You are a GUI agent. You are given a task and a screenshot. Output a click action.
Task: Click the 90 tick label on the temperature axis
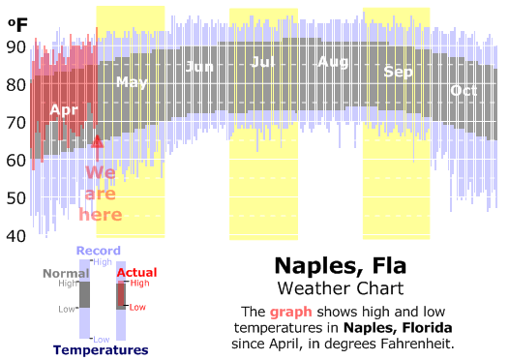[x=15, y=47]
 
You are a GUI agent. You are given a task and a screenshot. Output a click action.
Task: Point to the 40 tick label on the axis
[x=15, y=236]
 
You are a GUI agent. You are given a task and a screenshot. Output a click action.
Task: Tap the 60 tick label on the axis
[x=15, y=161]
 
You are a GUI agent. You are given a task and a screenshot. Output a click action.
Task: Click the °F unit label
[x=17, y=25]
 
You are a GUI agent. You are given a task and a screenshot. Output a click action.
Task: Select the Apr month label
[x=64, y=110]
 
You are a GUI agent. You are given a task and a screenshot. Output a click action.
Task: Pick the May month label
[x=132, y=82]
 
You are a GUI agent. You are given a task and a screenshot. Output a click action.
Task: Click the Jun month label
[x=199, y=67]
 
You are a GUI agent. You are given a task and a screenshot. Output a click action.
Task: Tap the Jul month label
[x=262, y=62]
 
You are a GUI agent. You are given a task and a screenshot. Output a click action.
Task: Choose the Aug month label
[x=333, y=62]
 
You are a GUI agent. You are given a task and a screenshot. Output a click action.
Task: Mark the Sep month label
[x=398, y=72]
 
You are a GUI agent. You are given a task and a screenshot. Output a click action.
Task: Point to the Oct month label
[x=464, y=91]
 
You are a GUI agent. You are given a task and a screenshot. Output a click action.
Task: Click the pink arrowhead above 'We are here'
[x=98, y=141]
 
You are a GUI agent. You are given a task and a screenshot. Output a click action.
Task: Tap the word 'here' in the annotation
[x=101, y=215]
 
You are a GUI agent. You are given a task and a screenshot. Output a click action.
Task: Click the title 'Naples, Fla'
[x=341, y=265]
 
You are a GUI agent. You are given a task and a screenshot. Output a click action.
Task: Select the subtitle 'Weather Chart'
[x=341, y=288]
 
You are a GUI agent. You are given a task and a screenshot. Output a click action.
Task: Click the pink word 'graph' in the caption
[x=291, y=312]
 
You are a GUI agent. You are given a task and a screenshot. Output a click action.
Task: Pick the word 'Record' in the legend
[x=99, y=251]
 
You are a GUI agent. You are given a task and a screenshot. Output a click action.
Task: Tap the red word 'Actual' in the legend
[x=137, y=272]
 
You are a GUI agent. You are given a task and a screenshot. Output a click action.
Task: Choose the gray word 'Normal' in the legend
[x=66, y=273]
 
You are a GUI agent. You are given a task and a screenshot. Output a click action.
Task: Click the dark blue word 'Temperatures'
[x=101, y=350]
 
